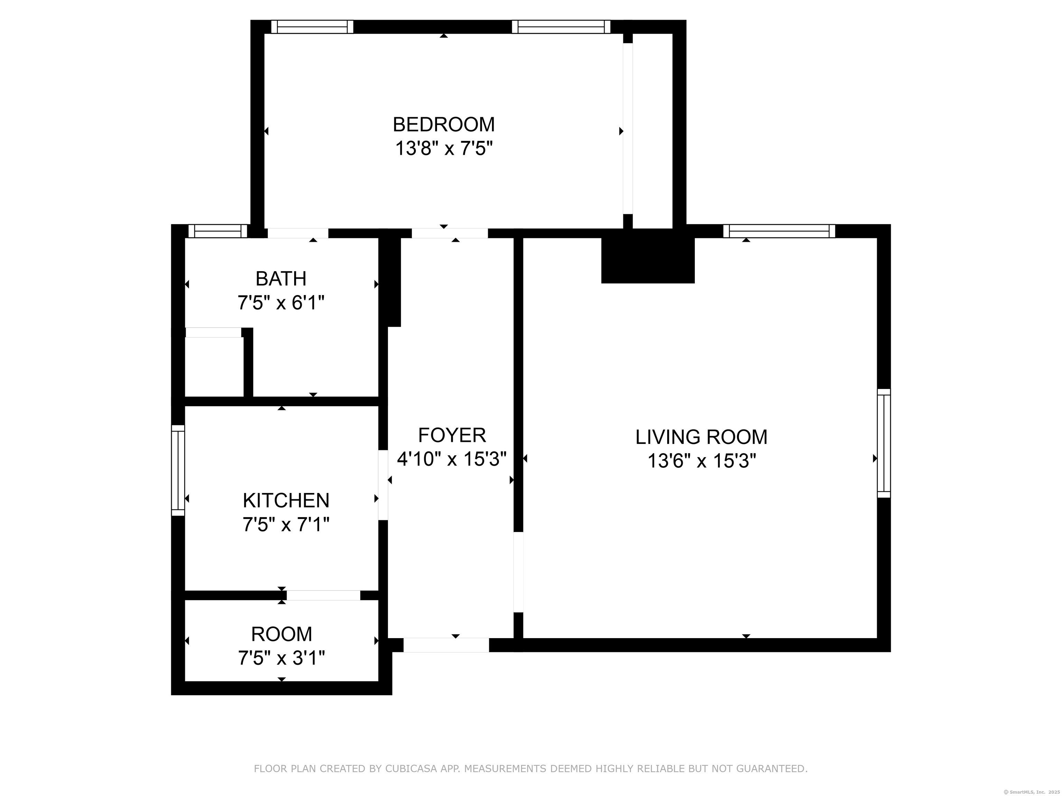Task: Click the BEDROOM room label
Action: [444, 125]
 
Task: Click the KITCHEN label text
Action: [286, 501]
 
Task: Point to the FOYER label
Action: [452, 436]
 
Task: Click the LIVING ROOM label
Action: [701, 437]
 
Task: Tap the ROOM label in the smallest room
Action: [281, 634]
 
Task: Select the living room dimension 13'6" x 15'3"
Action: [701, 462]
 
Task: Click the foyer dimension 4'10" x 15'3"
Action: [452, 459]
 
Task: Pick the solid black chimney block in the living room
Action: [648, 259]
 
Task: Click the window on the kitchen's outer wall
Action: [178, 471]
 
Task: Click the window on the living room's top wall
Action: [779, 231]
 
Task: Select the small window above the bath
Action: [217, 231]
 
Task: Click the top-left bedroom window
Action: [312, 27]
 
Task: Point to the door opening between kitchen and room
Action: [323, 595]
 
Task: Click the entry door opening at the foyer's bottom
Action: [446, 645]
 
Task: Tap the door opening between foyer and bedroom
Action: [450, 233]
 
